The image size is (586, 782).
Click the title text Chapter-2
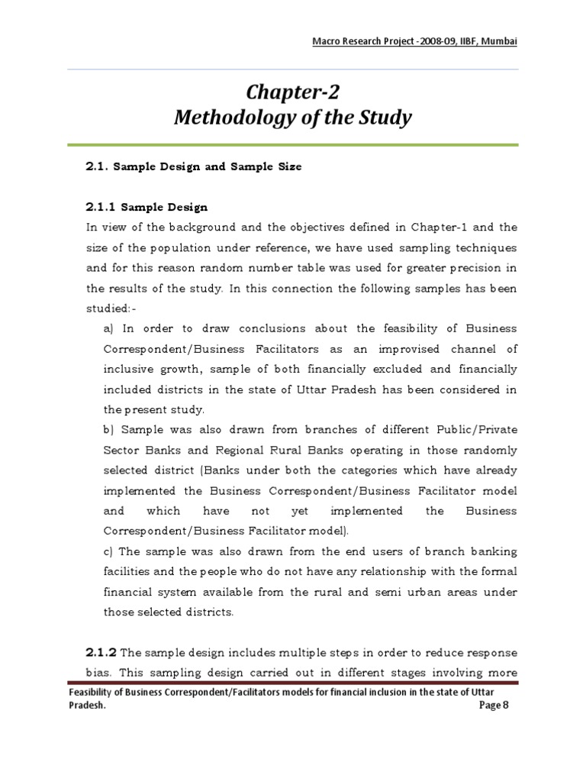pyautogui.click(x=292, y=92)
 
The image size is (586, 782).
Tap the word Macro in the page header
pyautogui.click(x=330, y=40)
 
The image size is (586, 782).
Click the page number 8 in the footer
pyautogui.click(x=504, y=706)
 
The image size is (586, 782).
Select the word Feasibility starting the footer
pyautogui.click(x=94, y=693)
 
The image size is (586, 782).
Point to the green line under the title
pyautogui.click(x=292, y=144)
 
